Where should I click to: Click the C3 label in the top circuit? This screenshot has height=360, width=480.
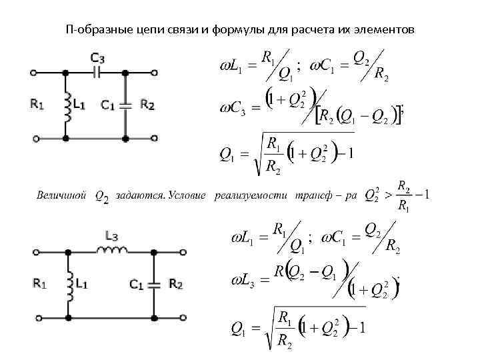click(x=98, y=57)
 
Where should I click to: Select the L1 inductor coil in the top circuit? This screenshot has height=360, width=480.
click(x=67, y=105)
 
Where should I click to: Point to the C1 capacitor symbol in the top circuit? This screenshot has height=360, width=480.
click(x=125, y=105)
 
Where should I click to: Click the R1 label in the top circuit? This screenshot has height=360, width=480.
click(x=37, y=104)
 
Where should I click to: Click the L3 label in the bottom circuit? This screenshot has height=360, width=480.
click(x=112, y=235)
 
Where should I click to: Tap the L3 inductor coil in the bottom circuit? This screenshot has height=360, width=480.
click(x=111, y=250)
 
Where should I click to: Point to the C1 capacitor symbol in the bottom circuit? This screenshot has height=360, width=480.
click(x=154, y=285)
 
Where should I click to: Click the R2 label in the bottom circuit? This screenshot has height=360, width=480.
click(x=175, y=285)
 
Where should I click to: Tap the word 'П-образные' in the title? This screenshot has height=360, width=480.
click(x=93, y=30)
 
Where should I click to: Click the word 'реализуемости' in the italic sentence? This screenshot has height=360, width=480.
click(x=249, y=196)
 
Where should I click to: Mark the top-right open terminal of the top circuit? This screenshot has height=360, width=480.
click(x=155, y=70)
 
